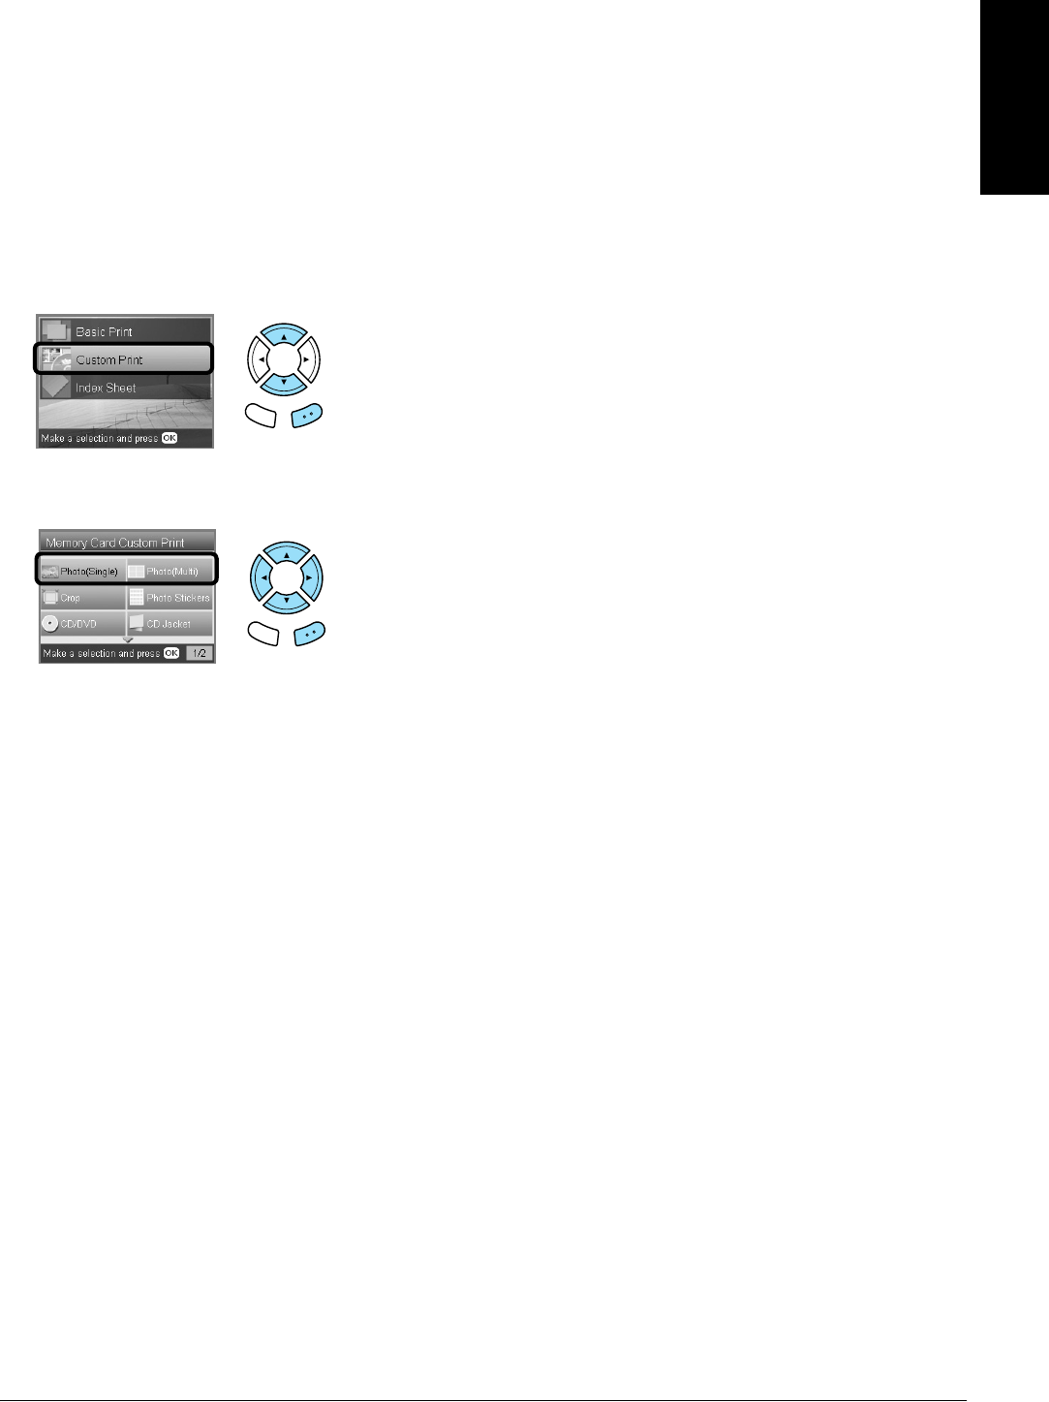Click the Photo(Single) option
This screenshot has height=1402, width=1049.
(82, 572)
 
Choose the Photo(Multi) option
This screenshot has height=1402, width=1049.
(170, 572)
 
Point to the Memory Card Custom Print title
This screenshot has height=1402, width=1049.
(115, 543)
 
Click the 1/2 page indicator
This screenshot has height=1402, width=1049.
(200, 653)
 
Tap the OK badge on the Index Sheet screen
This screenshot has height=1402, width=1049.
(170, 438)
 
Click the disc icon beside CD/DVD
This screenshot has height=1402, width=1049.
(49, 624)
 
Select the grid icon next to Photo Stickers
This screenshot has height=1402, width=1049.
(137, 598)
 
